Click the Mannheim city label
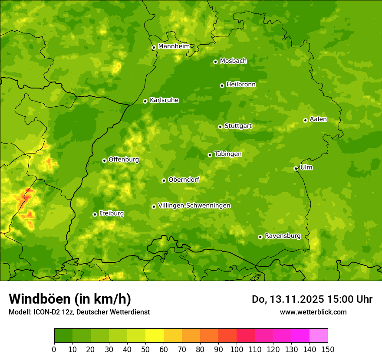point(174,46)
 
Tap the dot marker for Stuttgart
point(220,127)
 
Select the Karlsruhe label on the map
point(164,100)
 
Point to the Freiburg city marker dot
point(95,214)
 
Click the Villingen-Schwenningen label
point(194,206)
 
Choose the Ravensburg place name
point(282,236)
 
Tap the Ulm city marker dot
point(296,168)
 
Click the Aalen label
point(318,119)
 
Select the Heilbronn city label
point(241,85)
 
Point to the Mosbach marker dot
point(215,62)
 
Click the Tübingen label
point(228,154)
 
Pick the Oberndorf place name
point(184,180)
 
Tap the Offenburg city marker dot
point(104,160)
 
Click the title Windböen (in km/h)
point(70,299)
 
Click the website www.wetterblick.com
point(313,312)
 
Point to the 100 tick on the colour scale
point(237,349)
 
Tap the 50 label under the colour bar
point(145,349)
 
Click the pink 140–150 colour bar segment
point(319,336)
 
